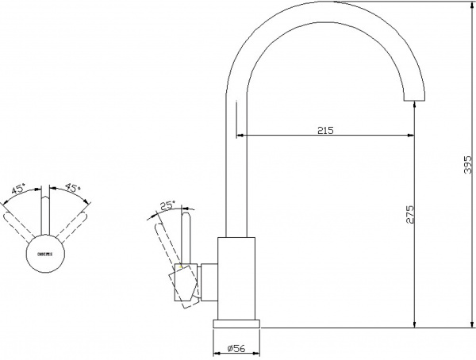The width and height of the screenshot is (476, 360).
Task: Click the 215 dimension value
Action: click(x=324, y=129)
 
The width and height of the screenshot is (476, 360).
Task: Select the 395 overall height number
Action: click(x=467, y=163)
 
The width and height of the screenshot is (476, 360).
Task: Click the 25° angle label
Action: click(x=167, y=205)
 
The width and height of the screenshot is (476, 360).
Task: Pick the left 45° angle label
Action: click(x=18, y=190)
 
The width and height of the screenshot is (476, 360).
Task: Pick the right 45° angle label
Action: click(x=72, y=189)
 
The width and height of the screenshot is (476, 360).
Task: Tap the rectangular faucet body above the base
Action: click(x=237, y=278)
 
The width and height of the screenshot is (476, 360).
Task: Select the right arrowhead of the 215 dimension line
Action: click(x=411, y=135)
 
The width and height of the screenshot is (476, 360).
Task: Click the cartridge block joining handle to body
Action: click(x=208, y=284)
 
